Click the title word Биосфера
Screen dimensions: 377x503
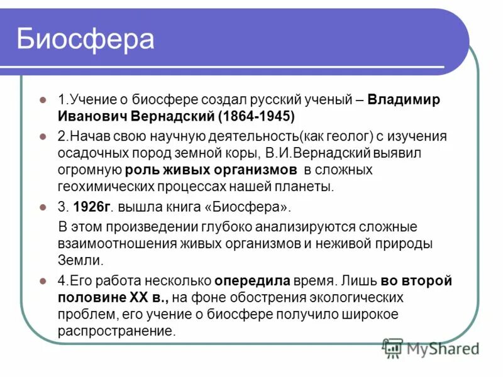pyautogui.click(x=85, y=38)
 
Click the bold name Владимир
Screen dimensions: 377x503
pyautogui.click(x=404, y=100)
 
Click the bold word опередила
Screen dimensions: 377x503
pyautogui.click(x=252, y=281)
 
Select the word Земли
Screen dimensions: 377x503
pyautogui.click(x=77, y=260)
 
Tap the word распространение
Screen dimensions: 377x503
pyautogui.click(x=116, y=331)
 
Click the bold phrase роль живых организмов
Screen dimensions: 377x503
pyautogui.click(x=211, y=170)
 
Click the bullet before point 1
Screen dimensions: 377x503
pyautogui.click(x=43, y=101)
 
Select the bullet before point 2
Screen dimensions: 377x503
pyautogui.click(x=43, y=136)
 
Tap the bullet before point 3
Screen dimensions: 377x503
pyautogui.click(x=43, y=207)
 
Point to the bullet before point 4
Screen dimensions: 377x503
pyautogui.click(x=43, y=281)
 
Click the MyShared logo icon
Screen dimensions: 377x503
pyautogui.click(x=392, y=347)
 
